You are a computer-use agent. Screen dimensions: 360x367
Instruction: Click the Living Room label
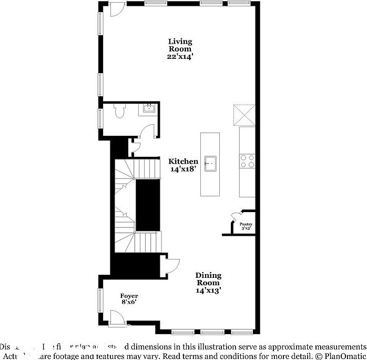point(180,49)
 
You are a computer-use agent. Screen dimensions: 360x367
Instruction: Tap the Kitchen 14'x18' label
point(183,165)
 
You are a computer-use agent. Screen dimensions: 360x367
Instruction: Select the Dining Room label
point(208,283)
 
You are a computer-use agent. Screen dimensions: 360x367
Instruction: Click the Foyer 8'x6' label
point(129,299)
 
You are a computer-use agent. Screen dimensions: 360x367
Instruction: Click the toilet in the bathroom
point(120,112)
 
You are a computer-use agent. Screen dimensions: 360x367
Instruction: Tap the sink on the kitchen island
point(210,164)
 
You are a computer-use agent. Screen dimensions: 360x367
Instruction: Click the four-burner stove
point(247,161)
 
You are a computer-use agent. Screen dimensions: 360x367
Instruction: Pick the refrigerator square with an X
point(244,115)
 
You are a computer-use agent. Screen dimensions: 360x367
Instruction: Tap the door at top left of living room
point(117,9)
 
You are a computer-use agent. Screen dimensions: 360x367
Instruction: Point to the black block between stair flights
point(147,205)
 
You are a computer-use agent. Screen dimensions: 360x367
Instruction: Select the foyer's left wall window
point(99,300)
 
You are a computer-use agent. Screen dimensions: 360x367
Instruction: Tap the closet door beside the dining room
point(172,265)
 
